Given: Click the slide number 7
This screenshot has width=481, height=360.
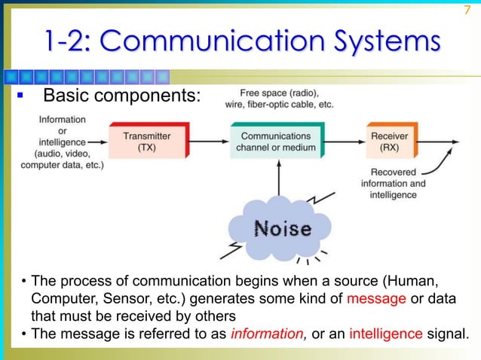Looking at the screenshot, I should (466, 9).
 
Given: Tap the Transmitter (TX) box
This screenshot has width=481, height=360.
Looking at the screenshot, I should (147, 141).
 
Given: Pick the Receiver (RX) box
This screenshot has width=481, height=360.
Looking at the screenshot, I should (390, 141).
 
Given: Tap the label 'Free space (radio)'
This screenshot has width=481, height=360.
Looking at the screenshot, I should (278, 93).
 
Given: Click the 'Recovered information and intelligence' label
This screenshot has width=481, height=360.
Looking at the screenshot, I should (393, 184).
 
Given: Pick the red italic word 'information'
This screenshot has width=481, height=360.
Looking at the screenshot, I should (265, 334).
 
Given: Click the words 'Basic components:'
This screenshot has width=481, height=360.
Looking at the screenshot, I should (121, 97).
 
